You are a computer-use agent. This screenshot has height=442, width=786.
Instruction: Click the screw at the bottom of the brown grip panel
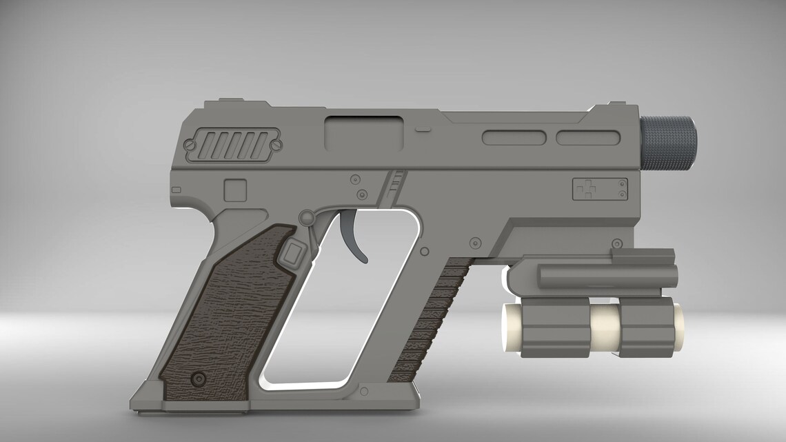tap(200, 378)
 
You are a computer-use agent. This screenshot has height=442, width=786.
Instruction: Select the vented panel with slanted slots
tap(232, 145)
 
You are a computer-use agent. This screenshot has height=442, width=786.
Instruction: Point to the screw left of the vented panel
tap(188, 145)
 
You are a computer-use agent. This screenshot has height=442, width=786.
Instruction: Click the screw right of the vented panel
tap(276, 145)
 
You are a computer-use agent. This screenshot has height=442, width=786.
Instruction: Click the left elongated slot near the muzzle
tap(513, 137)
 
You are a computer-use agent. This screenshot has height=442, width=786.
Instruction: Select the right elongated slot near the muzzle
tap(585, 137)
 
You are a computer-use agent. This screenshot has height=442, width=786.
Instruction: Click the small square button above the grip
tap(235, 189)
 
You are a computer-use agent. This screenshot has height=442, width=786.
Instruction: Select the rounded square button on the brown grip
tap(292, 254)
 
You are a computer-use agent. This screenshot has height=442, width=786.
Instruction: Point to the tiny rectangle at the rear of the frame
tap(176, 190)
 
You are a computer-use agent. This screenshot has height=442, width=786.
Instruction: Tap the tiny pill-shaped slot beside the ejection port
tap(423, 129)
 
